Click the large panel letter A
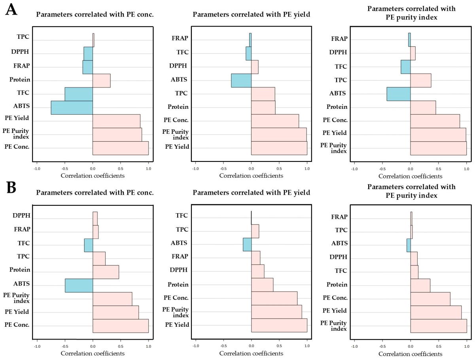(x=11, y=10)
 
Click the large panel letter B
(x=11, y=188)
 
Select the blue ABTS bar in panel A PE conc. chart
(x=72, y=108)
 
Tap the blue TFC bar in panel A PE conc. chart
(x=79, y=94)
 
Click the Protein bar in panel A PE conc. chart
(x=102, y=81)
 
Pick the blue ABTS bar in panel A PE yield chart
(x=241, y=81)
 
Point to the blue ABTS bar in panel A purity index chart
(x=399, y=94)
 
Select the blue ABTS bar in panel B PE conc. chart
(x=79, y=286)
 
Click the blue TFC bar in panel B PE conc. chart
(x=89, y=245)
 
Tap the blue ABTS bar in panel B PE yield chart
(x=247, y=244)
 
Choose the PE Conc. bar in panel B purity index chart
(x=430, y=299)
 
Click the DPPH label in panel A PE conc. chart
(x=20, y=52)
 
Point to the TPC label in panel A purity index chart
(x=341, y=80)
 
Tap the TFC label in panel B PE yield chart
(x=182, y=216)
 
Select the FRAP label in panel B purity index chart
(x=339, y=217)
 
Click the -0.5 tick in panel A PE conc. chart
(x=65, y=169)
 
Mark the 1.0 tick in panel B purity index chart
(x=467, y=347)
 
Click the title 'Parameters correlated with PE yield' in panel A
(x=251, y=15)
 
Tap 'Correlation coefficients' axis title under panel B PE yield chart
(x=251, y=353)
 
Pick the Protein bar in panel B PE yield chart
(x=262, y=285)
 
